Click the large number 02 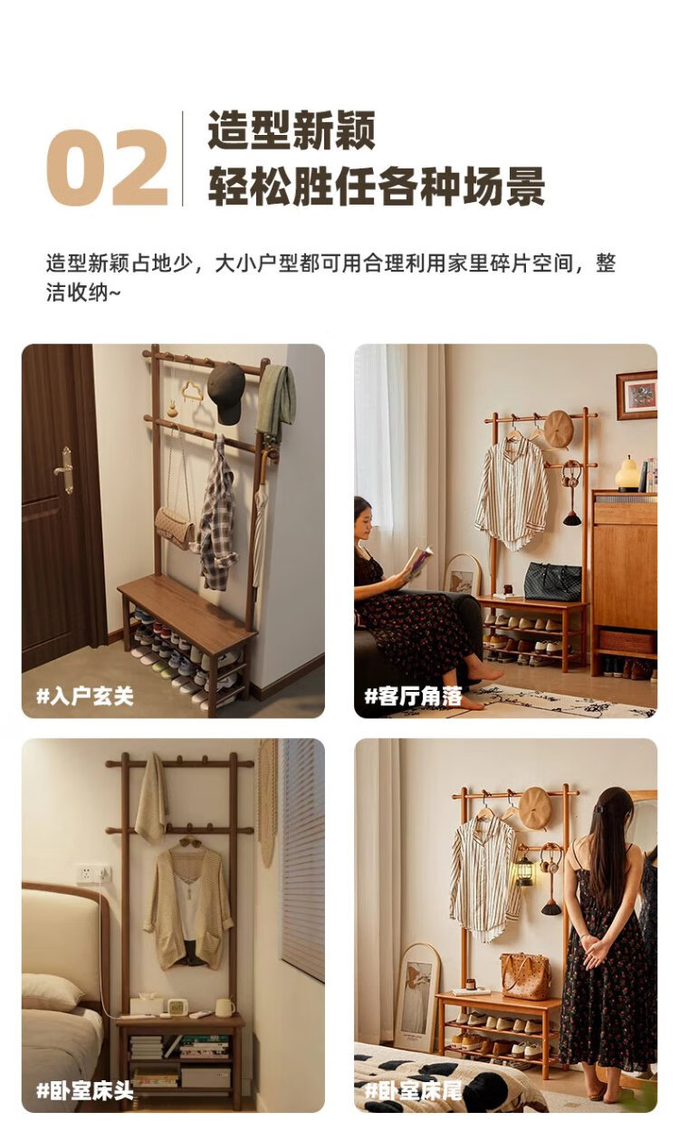[107, 167]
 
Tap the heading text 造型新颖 [292, 130]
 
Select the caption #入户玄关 [85, 696]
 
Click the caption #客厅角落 [413, 696]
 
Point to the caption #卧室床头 [85, 1090]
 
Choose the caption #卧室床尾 [413, 1090]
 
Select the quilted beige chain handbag [175, 529]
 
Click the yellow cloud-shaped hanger [192, 391]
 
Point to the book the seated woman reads [419, 561]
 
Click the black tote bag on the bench [552, 581]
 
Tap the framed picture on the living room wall [636, 396]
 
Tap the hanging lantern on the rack [524, 867]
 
